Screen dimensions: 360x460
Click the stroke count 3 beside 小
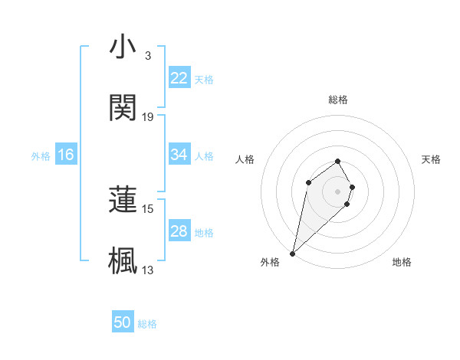(x=147, y=56)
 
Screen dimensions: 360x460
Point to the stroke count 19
(x=148, y=116)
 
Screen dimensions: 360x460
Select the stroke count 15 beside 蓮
(x=148, y=208)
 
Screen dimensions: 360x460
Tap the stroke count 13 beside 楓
(x=148, y=269)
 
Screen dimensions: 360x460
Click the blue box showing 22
(x=179, y=78)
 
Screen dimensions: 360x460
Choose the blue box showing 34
(x=179, y=155)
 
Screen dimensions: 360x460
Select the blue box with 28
(x=179, y=231)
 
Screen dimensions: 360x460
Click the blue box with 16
(x=66, y=155)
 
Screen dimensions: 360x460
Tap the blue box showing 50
(x=123, y=323)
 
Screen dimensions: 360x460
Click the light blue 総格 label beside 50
(x=147, y=324)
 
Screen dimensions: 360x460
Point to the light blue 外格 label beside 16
(x=41, y=155)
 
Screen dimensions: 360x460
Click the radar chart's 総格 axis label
(x=337, y=100)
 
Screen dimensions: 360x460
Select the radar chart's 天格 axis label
(x=431, y=159)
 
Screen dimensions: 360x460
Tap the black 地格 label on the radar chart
(x=402, y=262)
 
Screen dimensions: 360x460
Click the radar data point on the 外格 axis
(x=292, y=253)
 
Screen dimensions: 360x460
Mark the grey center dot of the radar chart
(x=337, y=191)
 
